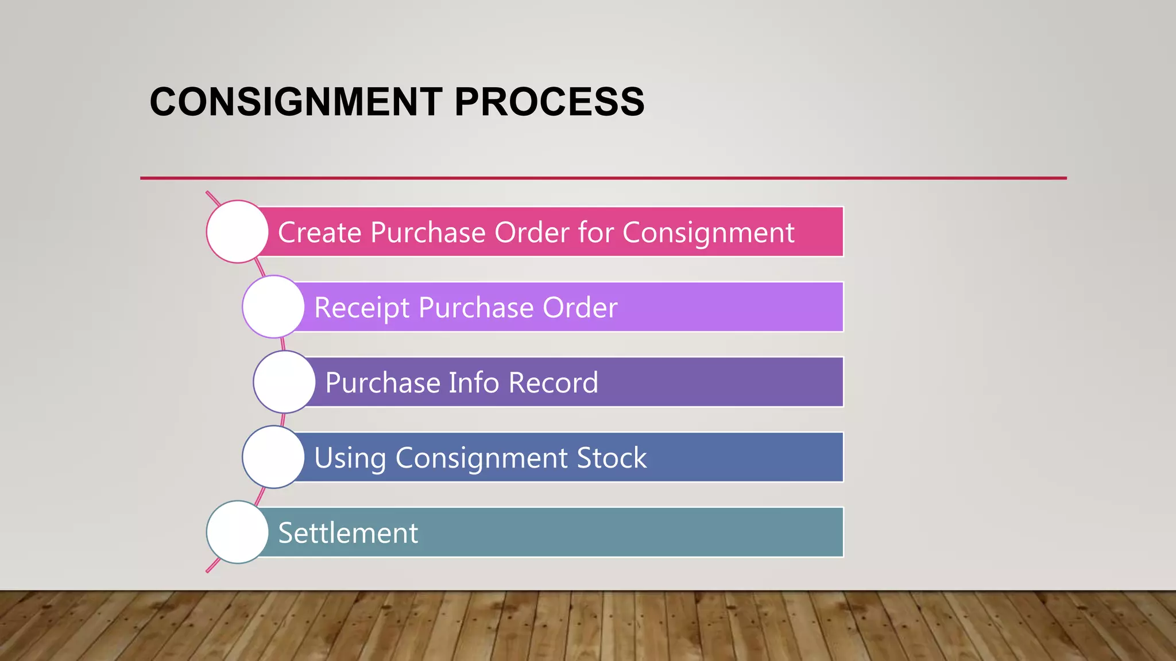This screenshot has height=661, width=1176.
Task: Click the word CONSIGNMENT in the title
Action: pos(296,102)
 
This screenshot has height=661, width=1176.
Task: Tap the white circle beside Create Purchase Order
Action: pos(237,232)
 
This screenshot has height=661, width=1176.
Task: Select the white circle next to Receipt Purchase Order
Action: pos(273,307)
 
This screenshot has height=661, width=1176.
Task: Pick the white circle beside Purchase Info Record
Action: pos(284,382)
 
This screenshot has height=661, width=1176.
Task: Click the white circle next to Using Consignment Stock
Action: pos(273,457)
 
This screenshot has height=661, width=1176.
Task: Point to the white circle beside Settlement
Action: pos(237,532)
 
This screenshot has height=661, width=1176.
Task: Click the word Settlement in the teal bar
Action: pos(348,533)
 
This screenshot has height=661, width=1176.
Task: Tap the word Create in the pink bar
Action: pos(320,232)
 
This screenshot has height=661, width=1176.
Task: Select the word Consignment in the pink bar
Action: pos(708,234)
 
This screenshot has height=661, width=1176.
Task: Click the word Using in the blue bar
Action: pos(350,459)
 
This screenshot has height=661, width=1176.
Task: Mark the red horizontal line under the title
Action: pos(603,178)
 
